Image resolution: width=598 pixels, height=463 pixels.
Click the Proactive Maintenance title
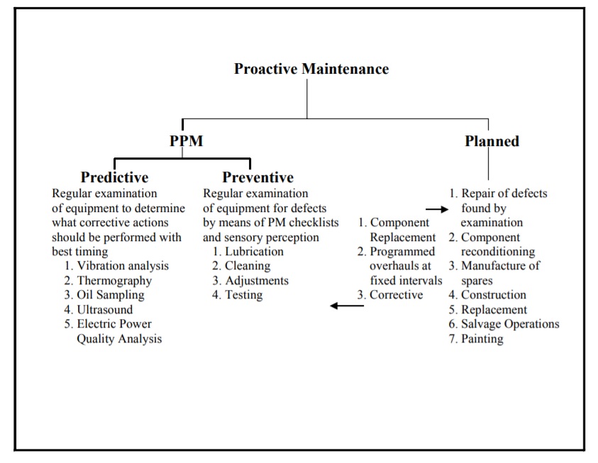[311, 69]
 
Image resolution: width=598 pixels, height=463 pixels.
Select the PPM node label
[186, 141]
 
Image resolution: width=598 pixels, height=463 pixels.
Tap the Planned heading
[492, 141]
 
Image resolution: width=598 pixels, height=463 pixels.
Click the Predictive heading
[114, 177]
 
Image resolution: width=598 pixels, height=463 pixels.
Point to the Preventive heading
[258, 177]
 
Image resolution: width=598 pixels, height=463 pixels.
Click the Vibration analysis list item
[123, 266]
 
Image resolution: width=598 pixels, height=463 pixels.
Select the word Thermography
[114, 281]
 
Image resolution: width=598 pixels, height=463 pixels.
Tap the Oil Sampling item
[111, 295]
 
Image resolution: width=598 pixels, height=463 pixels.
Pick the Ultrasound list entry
[105, 309]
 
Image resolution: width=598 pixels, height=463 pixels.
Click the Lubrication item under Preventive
[255, 252]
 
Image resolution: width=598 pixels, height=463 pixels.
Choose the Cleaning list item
[248, 266]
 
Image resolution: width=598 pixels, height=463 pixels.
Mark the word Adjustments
[257, 281]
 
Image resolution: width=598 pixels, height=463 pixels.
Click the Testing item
[244, 296]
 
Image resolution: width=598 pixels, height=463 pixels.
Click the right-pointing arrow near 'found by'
[437, 209]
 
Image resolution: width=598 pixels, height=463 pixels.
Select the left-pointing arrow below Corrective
[347, 306]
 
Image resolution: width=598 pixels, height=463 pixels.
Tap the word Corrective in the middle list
[397, 295]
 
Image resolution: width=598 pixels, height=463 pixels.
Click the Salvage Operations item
[510, 324]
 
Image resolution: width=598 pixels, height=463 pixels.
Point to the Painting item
[482, 339]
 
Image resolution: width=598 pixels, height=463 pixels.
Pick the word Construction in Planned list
[494, 295]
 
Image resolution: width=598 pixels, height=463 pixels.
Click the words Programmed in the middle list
[402, 252]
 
